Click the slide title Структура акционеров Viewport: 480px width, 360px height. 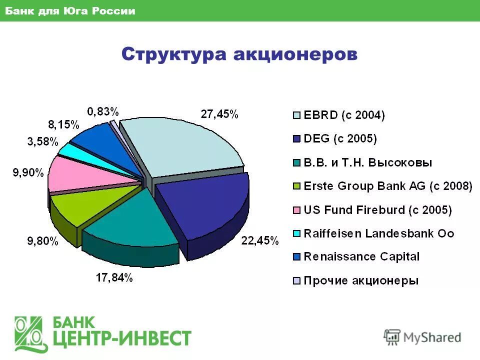tap(239, 54)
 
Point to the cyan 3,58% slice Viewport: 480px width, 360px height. tap(70, 148)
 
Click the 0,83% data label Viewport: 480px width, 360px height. tap(103, 111)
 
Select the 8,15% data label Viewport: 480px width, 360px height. tap(64, 124)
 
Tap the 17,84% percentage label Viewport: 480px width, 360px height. tap(114, 278)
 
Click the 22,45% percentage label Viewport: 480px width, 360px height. tap(260, 241)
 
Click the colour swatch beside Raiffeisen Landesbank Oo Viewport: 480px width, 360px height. tap(297, 233)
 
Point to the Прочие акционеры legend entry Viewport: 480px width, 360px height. tap(361, 280)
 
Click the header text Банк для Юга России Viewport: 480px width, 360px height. tap(70, 11)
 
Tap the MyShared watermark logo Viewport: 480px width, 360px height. tap(422, 337)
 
